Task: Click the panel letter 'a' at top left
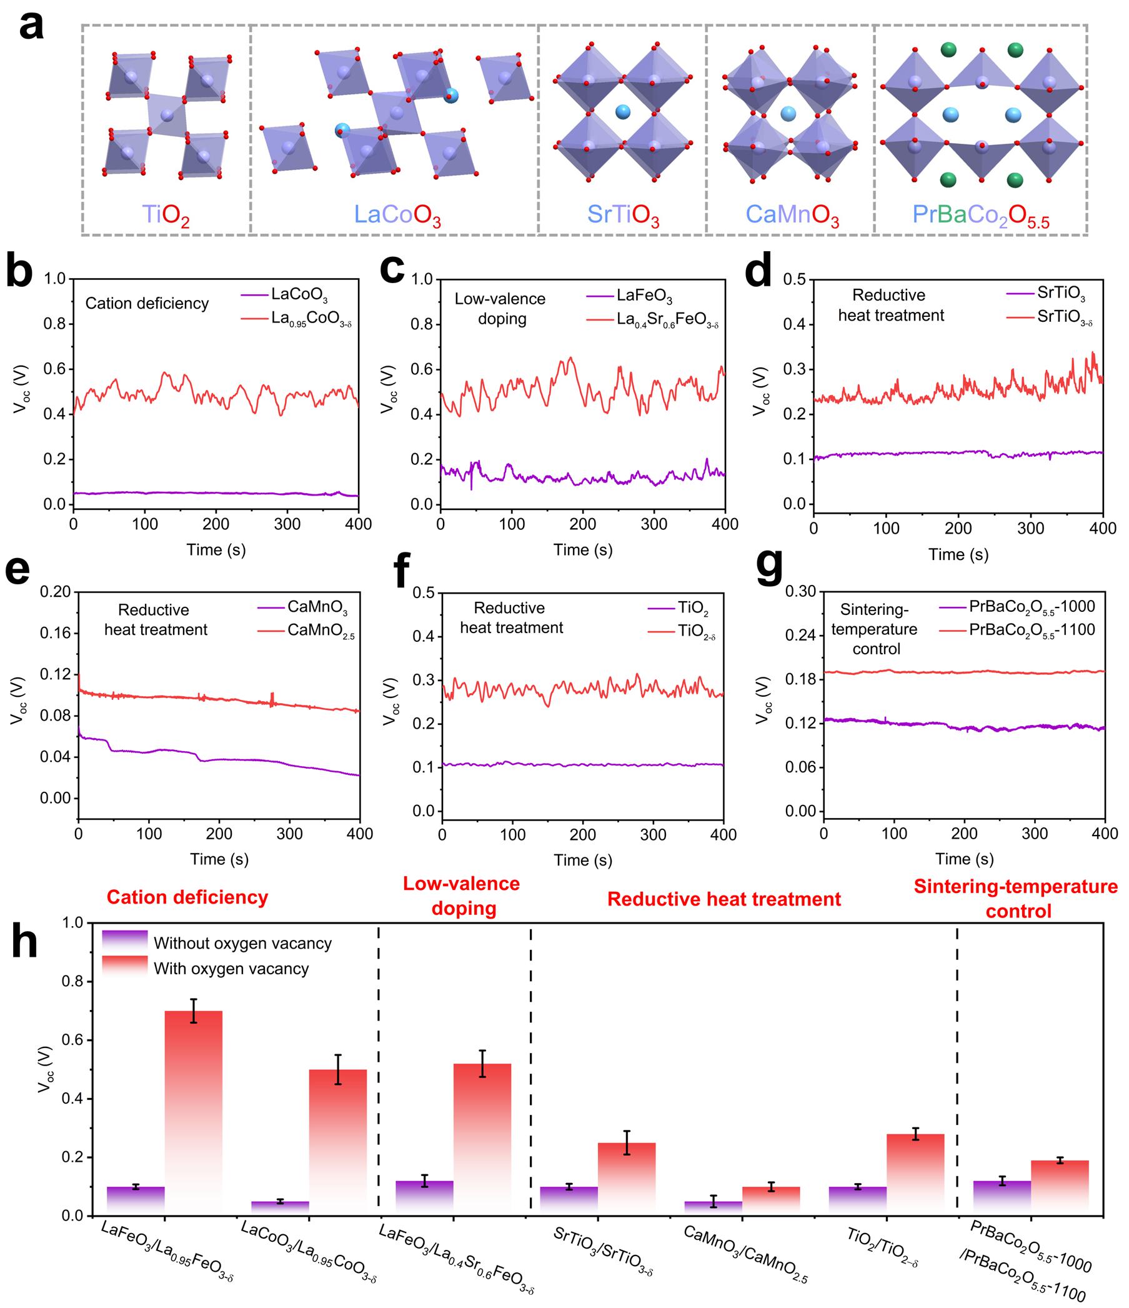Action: [32, 27]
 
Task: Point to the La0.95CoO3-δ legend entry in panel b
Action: [311, 319]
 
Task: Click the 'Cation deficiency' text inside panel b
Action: [147, 304]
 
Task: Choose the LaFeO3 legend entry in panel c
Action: [644, 297]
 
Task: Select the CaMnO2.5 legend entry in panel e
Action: [321, 631]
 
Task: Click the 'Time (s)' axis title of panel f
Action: [582, 860]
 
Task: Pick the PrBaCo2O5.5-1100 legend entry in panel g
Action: [1032, 630]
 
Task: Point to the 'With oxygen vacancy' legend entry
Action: [231, 969]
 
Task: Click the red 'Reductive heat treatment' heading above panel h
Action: [724, 899]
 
